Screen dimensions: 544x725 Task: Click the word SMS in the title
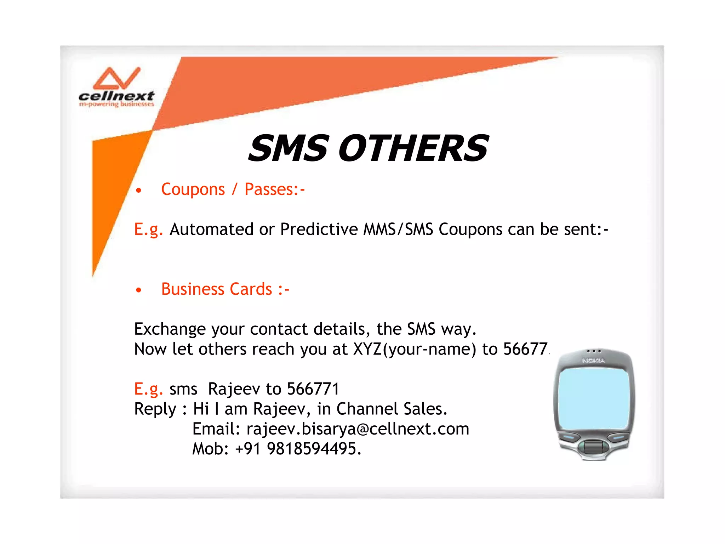(x=289, y=148)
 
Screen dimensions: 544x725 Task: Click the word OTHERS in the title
(x=413, y=148)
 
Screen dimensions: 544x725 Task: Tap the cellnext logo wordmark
(x=116, y=96)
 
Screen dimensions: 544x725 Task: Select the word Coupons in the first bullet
(x=193, y=189)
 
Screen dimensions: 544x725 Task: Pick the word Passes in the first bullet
(x=269, y=189)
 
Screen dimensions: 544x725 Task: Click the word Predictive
(x=319, y=229)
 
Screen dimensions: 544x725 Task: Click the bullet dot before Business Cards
(x=139, y=290)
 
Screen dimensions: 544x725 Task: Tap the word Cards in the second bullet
(x=251, y=289)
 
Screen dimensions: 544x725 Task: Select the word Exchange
(x=170, y=329)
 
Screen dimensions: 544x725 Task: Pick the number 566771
(x=313, y=389)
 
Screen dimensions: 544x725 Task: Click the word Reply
(x=155, y=409)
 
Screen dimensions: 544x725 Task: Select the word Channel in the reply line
(x=367, y=409)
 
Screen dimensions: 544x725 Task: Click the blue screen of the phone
(x=594, y=398)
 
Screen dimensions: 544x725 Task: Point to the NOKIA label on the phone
(x=594, y=361)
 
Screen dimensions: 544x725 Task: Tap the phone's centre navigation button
(x=593, y=447)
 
